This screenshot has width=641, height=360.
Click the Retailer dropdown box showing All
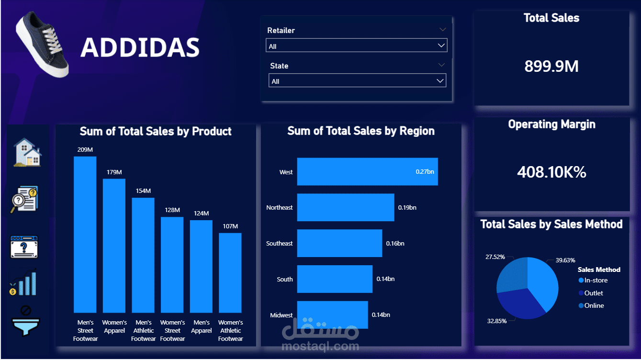(356, 45)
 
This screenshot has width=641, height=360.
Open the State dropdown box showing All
(357, 80)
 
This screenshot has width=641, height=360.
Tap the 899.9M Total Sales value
(551, 66)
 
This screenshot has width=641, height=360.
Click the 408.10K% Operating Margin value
(551, 172)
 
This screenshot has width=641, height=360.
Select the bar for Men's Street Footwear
(85, 235)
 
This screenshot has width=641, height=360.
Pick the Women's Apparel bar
(114, 246)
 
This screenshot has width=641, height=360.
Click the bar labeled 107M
(230, 273)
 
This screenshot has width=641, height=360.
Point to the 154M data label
(143, 191)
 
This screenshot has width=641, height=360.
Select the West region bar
(368, 172)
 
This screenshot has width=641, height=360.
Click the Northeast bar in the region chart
(346, 207)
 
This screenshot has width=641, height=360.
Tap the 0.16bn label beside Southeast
(395, 244)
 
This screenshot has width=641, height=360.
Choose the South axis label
(285, 279)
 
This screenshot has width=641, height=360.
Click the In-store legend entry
(593, 280)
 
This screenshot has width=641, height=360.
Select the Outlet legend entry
(591, 293)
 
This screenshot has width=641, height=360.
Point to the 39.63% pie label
(565, 260)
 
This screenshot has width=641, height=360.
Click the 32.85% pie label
(497, 321)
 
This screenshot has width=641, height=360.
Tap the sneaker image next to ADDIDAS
(42, 45)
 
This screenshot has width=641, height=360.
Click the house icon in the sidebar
(27, 152)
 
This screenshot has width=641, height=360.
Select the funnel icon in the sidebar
(25, 322)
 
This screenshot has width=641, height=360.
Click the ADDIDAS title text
(140, 47)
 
